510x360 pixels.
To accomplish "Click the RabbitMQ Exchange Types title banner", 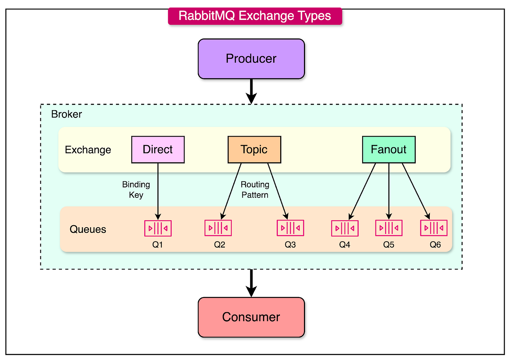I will coord(255,16).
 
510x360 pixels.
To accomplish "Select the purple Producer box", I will coord(251,59).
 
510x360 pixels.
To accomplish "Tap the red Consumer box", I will coord(251,317).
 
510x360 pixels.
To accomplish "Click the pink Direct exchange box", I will coord(158,150).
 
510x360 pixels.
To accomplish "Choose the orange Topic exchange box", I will coord(254,150).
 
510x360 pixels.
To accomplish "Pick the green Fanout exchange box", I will coord(388,150).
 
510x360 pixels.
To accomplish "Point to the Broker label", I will coord(66,114).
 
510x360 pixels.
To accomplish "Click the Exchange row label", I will coord(88,150).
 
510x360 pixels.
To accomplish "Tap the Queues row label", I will coord(88,229).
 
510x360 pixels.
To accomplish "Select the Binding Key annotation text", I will coord(136,189).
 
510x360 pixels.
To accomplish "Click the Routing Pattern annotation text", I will coord(255,189).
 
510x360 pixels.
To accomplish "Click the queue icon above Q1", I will coord(158,228).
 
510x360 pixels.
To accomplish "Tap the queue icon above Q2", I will coord(218,228).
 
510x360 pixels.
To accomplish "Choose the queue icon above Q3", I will coord(290,228).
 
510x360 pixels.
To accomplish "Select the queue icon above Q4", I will coord(345,228).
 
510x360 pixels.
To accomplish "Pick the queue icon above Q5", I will coord(388,228).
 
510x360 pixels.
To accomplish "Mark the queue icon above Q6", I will coord(434,228).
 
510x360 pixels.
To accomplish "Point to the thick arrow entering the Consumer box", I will coord(251,283).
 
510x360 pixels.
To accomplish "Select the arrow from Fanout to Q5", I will coord(388,191).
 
